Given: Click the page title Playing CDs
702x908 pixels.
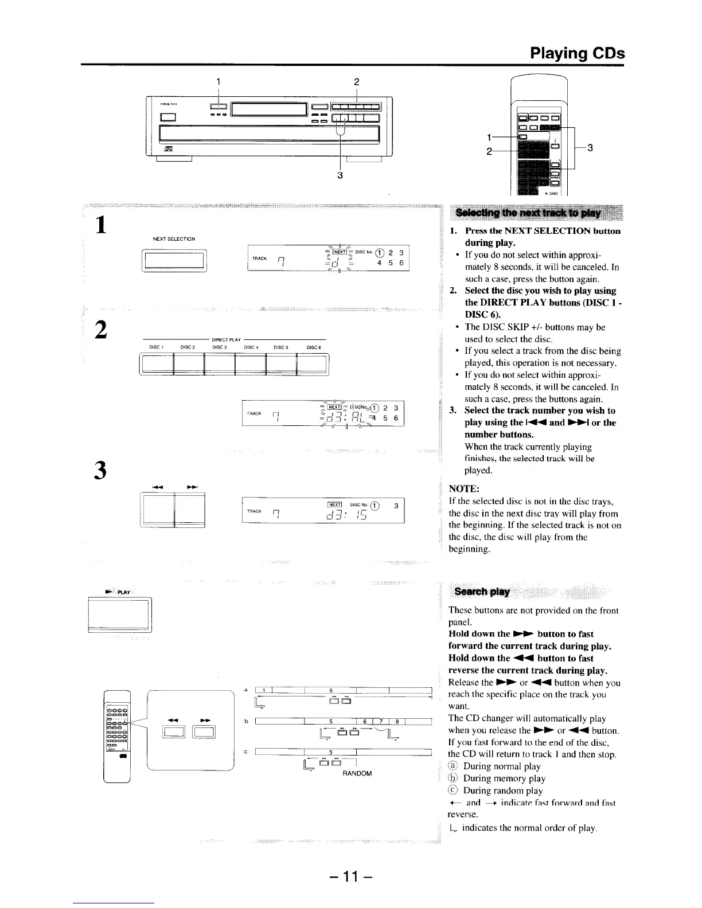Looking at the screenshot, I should click(x=577, y=53).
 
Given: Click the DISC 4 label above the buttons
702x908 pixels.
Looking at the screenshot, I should click(x=251, y=347).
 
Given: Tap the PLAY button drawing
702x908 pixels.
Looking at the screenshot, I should click(x=119, y=614).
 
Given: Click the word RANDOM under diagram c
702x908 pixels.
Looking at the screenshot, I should click(x=357, y=773).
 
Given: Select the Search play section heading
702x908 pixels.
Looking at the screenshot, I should click(x=482, y=592).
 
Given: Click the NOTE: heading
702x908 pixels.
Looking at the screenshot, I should click(x=464, y=489).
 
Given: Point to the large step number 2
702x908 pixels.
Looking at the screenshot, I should click(x=101, y=330).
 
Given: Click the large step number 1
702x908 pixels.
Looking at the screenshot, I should click(x=101, y=224).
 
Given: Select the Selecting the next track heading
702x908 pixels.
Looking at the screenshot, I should click(x=528, y=213).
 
